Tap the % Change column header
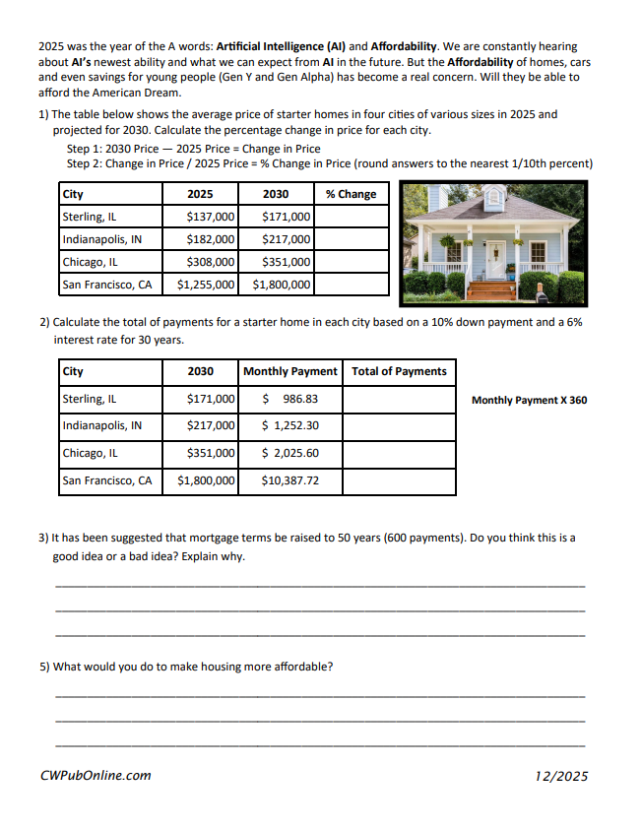[351, 194]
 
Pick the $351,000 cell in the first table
[287, 262]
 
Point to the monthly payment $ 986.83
[288, 399]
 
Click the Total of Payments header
[399, 371]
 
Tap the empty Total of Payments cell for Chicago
[399, 453]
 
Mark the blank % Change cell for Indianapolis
[352, 239]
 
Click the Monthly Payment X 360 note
[529, 400]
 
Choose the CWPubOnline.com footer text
[96, 775]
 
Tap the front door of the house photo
[495, 260]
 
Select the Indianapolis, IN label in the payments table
[102, 425]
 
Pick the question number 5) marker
[44, 667]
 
